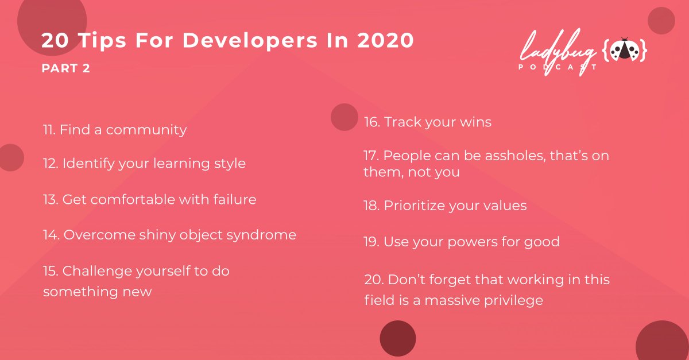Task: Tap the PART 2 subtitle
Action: (65, 68)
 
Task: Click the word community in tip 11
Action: (146, 130)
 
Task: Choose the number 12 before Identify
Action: (50, 164)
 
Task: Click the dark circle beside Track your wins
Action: (344, 117)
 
